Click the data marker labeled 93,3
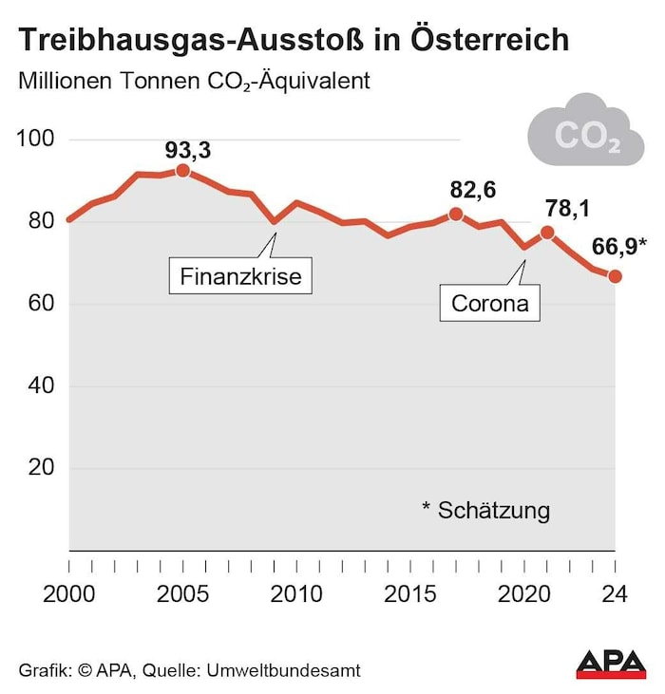182,171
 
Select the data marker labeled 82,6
456,215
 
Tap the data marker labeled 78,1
547,233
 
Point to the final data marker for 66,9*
616,276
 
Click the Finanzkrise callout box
240,278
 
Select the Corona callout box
489,305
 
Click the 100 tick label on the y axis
35,140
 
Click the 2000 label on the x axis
69,595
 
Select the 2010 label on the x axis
296,595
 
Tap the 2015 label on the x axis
410,595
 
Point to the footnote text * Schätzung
485,510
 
